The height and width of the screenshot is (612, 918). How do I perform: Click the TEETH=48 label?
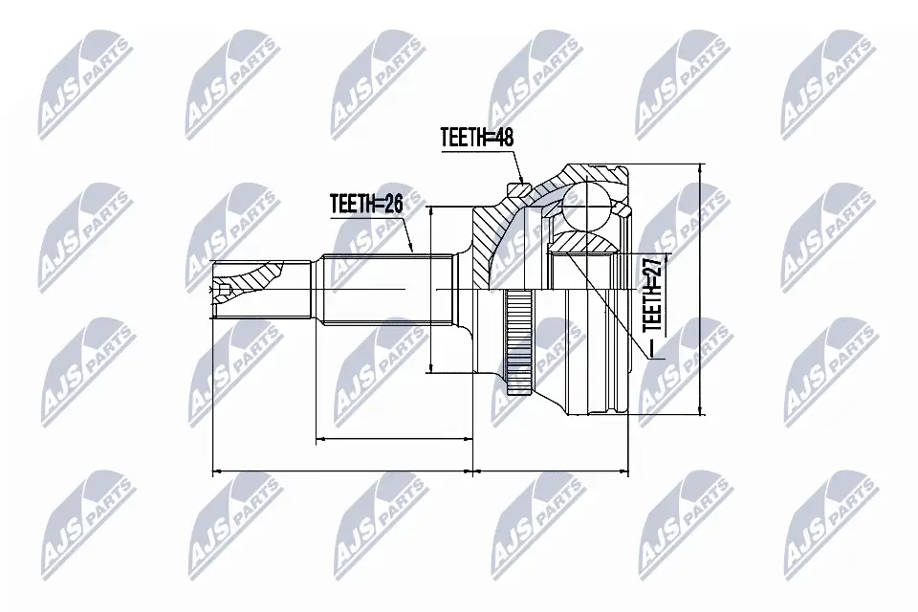click(477, 138)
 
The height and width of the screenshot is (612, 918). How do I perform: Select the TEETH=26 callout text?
click(366, 204)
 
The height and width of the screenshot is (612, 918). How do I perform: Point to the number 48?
click(504, 138)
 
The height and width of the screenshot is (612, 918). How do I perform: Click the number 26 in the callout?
click(393, 204)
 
